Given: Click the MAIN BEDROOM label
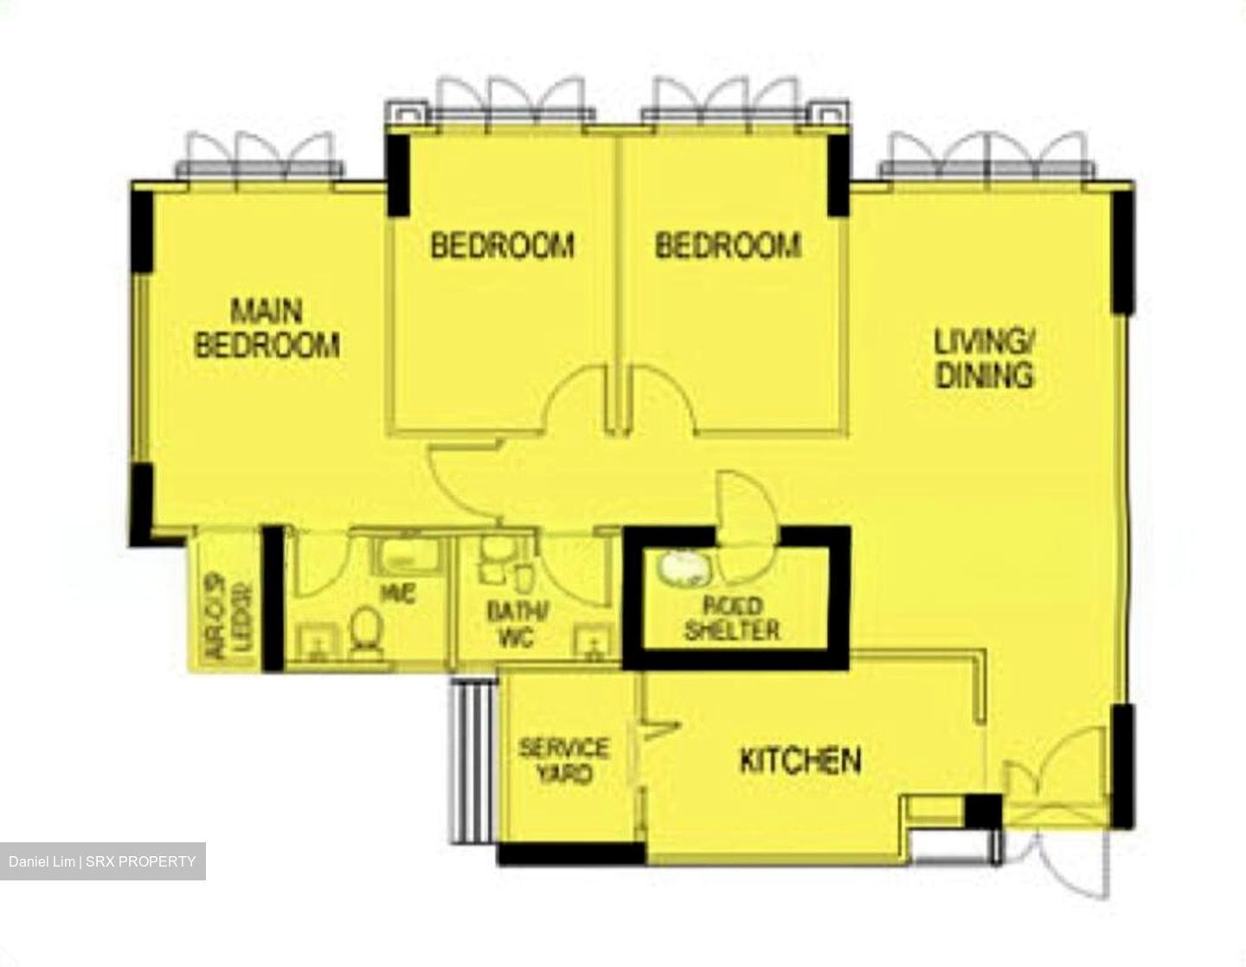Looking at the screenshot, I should point(267,328).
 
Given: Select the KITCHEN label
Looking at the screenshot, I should point(800,761).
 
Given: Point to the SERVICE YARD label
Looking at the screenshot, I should point(564,760).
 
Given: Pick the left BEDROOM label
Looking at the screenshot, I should point(502,246).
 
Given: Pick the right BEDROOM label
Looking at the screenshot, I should point(727,246).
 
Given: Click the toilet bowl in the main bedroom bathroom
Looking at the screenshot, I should point(367,627).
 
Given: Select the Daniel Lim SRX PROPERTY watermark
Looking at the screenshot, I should point(103,861).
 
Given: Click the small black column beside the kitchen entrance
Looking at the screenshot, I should point(981,812).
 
